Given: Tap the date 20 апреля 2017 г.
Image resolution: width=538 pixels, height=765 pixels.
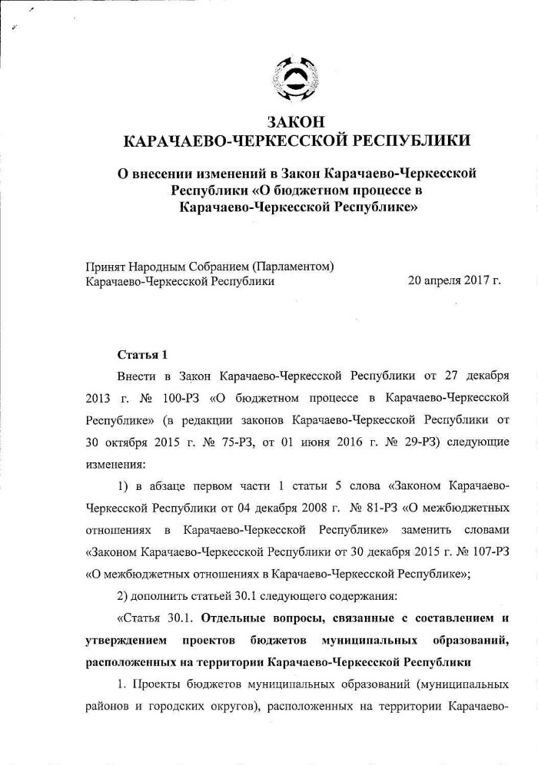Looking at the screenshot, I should click(x=454, y=281).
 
